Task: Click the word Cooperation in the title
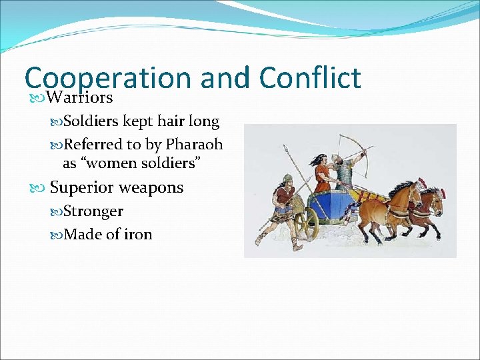[x=107, y=79]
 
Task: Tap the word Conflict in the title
[x=309, y=77]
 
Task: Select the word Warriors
[x=81, y=98]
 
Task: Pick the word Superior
[x=81, y=187]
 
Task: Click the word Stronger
[x=93, y=211]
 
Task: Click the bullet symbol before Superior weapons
[x=41, y=188]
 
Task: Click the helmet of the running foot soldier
[x=286, y=178]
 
